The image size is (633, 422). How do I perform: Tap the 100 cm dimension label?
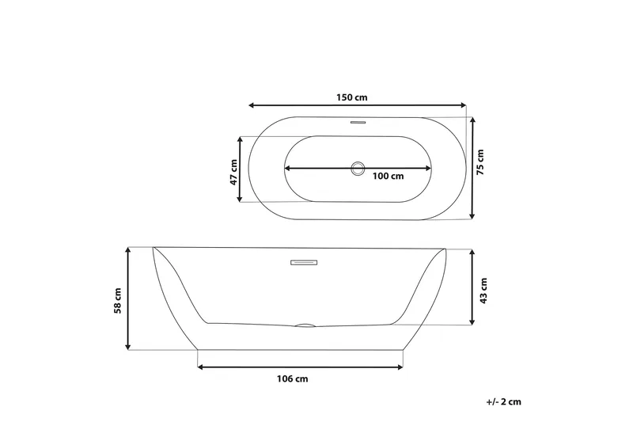(388, 176)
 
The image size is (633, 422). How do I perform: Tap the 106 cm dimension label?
(292, 379)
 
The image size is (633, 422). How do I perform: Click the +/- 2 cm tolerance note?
(504, 402)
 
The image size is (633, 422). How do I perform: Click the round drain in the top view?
(358, 168)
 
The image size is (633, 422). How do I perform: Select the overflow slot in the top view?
(358, 123)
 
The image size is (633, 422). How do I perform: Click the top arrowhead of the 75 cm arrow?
(472, 120)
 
